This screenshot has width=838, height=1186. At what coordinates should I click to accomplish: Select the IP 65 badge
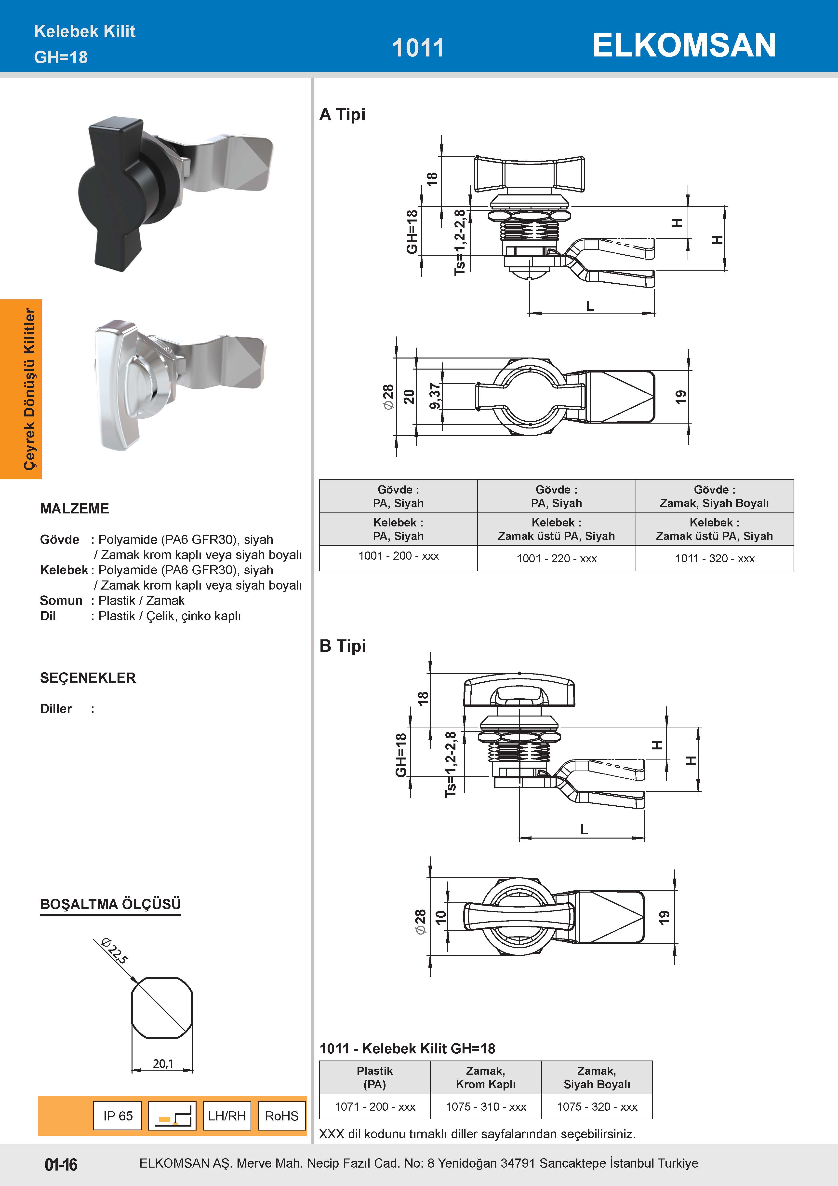click(x=118, y=1116)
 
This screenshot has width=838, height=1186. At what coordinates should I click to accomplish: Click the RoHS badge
click(x=281, y=1116)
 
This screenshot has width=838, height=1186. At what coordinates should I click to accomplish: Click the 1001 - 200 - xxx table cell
click(x=398, y=556)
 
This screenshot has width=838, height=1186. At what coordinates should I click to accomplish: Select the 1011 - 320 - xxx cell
click(x=715, y=558)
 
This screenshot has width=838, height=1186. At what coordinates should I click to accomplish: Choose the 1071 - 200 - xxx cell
click(x=375, y=1106)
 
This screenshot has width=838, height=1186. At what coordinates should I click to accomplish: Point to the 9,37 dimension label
click(x=435, y=396)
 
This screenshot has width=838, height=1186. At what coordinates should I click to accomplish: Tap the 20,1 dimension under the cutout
click(x=163, y=1063)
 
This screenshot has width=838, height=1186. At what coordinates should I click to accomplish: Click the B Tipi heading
click(x=342, y=646)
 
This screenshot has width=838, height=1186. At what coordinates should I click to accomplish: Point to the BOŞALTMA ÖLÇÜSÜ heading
click(x=110, y=904)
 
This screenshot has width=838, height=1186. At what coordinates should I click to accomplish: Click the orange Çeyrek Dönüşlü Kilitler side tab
click(x=21, y=389)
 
